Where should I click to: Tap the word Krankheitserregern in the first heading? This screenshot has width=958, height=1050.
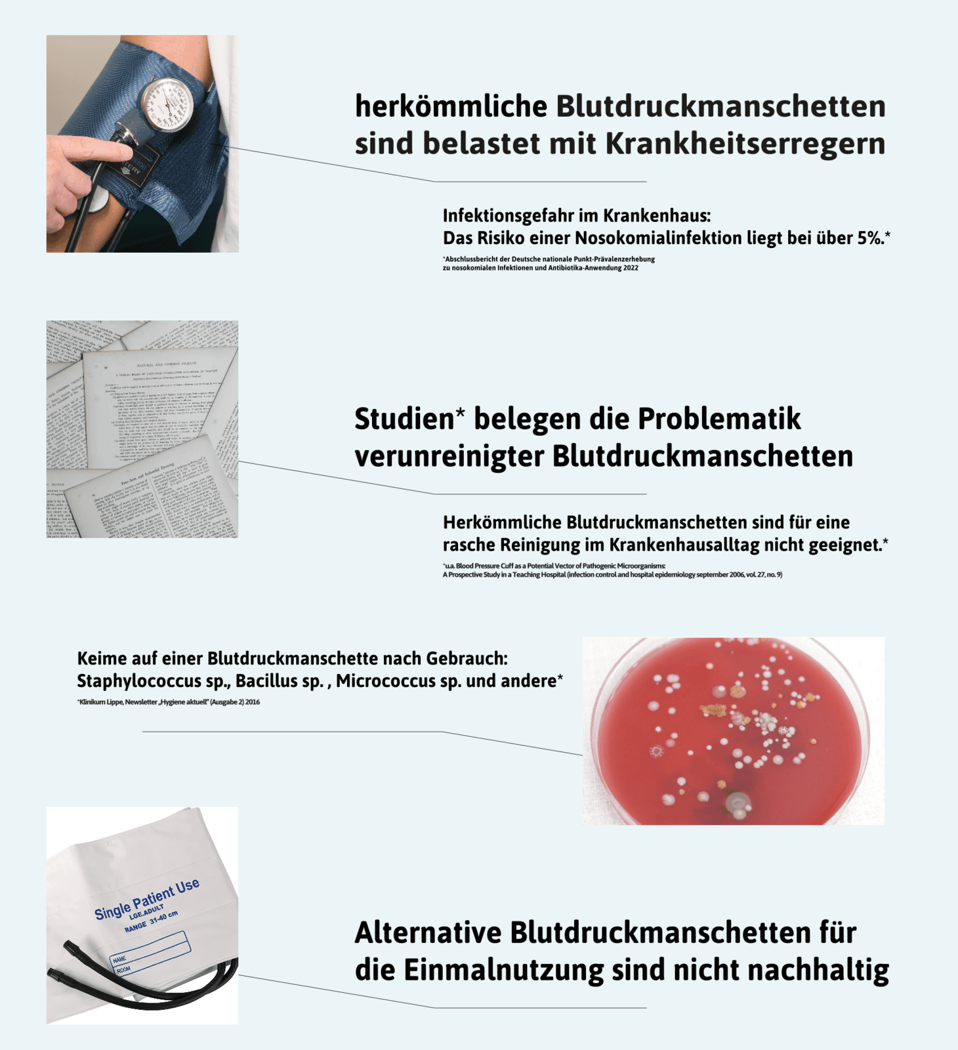[x=745, y=144]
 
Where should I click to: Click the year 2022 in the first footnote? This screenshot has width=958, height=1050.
[x=631, y=268]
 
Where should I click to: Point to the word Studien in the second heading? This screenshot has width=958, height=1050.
[x=404, y=419]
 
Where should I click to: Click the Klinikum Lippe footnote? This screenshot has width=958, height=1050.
[x=168, y=702]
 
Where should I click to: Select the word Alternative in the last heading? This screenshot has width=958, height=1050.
[x=427, y=933]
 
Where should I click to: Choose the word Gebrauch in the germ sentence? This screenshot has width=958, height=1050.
[x=467, y=658]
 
